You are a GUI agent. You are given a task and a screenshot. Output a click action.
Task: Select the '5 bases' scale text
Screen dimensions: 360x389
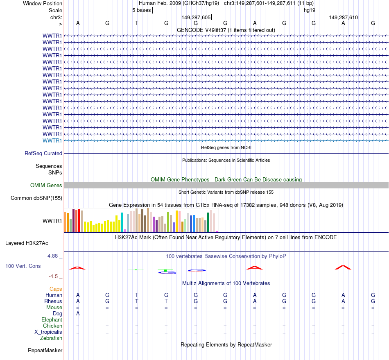click(x=141, y=10)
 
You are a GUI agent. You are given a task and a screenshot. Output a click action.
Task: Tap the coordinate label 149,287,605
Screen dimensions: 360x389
click(x=196, y=17)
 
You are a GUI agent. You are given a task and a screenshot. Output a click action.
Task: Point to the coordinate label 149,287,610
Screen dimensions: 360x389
click(x=343, y=17)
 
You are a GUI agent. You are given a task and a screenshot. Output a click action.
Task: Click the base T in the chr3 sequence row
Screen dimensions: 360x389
click(x=137, y=23)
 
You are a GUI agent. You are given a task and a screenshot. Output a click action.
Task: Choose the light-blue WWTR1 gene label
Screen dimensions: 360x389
click(x=52, y=140)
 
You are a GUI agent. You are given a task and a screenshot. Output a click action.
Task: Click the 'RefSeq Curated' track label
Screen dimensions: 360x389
click(x=43, y=154)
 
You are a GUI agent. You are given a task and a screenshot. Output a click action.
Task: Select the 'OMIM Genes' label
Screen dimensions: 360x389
click(x=46, y=186)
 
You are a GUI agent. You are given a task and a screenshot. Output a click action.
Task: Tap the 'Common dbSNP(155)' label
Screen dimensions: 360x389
click(x=36, y=198)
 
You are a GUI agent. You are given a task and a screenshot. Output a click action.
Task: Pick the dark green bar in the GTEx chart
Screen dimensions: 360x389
click(x=208, y=222)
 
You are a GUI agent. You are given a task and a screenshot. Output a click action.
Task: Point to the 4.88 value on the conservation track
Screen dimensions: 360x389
click(x=54, y=256)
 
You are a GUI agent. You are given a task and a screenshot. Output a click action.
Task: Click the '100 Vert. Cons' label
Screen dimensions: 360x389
click(x=23, y=266)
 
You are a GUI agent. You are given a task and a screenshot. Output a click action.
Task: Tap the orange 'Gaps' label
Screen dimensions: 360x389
click(x=56, y=289)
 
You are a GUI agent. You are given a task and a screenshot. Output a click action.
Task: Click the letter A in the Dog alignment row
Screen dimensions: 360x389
click(x=78, y=314)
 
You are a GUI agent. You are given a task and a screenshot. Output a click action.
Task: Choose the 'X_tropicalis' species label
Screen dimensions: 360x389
click(x=48, y=332)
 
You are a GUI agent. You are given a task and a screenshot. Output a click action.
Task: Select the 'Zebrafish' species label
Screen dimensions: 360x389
click(x=51, y=338)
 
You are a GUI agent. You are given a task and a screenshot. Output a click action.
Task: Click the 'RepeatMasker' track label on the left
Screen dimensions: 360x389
click(x=45, y=351)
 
